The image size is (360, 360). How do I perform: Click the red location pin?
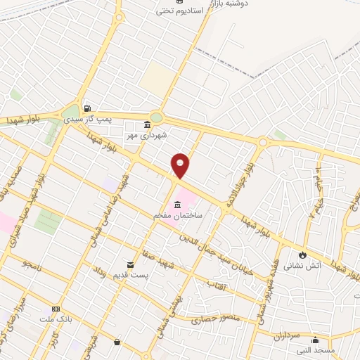point(181,165)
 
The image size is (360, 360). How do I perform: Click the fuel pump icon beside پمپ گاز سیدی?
point(86,108)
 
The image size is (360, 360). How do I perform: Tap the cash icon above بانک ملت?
point(56,309)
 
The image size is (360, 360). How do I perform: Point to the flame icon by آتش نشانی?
point(302,255)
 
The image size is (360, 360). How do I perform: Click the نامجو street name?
point(33,264)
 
